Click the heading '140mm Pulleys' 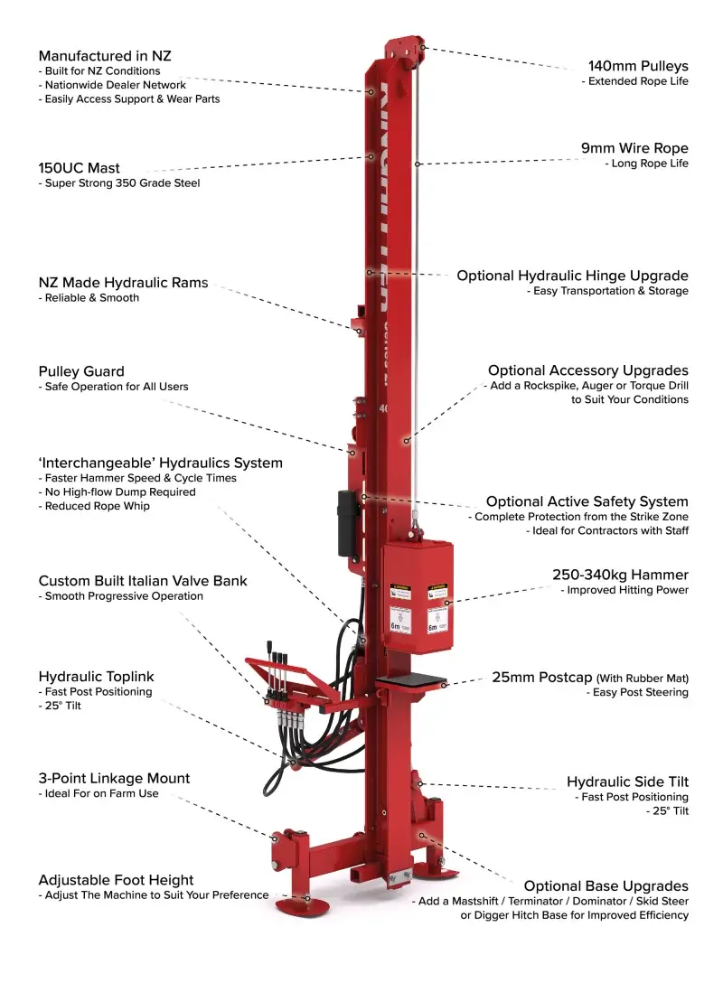[637, 66]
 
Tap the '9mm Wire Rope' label [634, 148]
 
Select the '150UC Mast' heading [80, 168]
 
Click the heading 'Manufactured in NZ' [105, 56]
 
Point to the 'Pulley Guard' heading [81, 371]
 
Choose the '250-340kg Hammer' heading [620, 575]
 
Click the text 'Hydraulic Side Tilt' [627, 782]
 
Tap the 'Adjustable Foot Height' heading [116, 880]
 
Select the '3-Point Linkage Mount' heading [114, 778]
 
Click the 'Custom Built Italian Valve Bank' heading [143, 581]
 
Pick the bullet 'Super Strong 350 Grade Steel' [122, 183]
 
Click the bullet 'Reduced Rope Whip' [97, 506]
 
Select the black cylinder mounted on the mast [346, 523]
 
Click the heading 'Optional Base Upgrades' [606, 886]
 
